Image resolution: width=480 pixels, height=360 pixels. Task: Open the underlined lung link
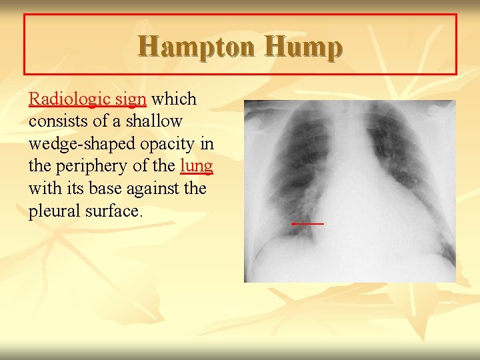coord(196,166)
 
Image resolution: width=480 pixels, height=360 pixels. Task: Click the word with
coord(41,189)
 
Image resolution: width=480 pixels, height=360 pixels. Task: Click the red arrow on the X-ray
coord(307,224)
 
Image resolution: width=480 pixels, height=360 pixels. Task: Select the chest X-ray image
coord(349,191)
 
